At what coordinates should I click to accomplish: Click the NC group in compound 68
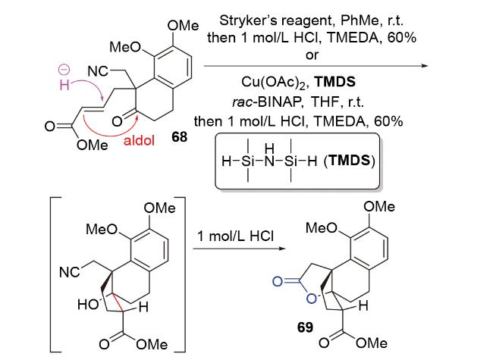coord(98,71)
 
